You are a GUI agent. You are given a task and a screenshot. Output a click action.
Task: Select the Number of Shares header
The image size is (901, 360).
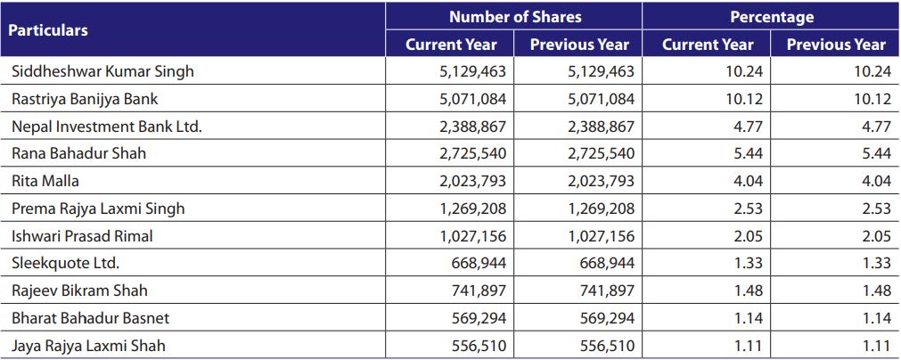(515, 17)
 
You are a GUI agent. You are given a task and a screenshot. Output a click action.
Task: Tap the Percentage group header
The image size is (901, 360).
(772, 17)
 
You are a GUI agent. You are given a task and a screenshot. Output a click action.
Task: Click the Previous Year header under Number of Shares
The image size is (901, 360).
(580, 45)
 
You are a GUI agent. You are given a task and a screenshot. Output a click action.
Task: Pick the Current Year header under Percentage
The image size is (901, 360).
(708, 45)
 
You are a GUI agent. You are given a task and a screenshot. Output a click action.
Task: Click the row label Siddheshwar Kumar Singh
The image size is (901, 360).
(102, 71)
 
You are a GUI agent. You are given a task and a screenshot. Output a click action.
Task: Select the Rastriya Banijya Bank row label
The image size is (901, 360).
(85, 99)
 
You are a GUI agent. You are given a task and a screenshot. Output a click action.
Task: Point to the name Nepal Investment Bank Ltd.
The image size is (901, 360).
(107, 127)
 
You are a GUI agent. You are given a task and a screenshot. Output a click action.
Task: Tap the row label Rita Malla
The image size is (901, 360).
(45, 181)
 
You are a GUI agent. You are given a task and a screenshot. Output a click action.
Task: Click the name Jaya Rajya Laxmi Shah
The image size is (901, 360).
(88, 346)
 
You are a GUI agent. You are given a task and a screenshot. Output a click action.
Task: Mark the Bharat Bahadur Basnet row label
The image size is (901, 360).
(91, 318)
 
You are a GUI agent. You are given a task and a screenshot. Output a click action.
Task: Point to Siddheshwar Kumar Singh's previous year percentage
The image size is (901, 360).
(872, 71)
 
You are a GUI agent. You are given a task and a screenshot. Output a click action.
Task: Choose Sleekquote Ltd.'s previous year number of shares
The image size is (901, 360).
(607, 263)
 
